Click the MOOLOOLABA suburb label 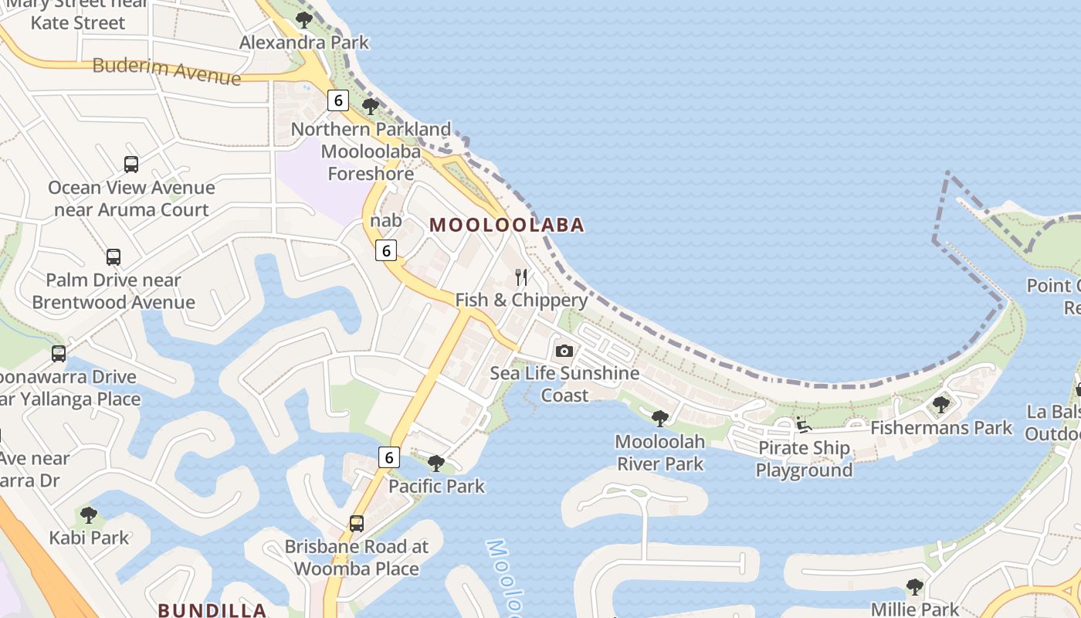pyautogui.click(x=507, y=225)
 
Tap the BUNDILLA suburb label pyautogui.click(x=212, y=610)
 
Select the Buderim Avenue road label pyautogui.click(x=166, y=70)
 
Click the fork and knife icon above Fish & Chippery pyautogui.click(x=522, y=277)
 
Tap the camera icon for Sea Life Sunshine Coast pyautogui.click(x=564, y=351)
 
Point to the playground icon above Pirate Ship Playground pyautogui.click(x=804, y=425)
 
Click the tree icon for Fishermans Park pyautogui.click(x=940, y=404)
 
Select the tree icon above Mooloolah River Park pyautogui.click(x=659, y=419)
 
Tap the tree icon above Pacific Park pyautogui.click(x=436, y=463)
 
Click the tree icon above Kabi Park pyautogui.click(x=89, y=514)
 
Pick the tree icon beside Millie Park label pyautogui.click(x=915, y=587)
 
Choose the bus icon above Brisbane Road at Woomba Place pyautogui.click(x=356, y=523)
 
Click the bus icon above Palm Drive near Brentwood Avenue pyautogui.click(x=114, y=257)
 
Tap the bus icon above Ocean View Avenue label pyautogui.click(x=131, y=164)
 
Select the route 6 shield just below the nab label pyautogui.click(x=386, y=250)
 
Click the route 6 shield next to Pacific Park pyautogui.click(x=388, y=457)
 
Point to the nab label pyautogui.click(x=386, y=221)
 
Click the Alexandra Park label pyautogui.click(x=304, y=42)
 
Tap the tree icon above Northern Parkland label pyautogui.click(x=371, y=107)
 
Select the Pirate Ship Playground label pyautogui.click(x=804, y=459)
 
